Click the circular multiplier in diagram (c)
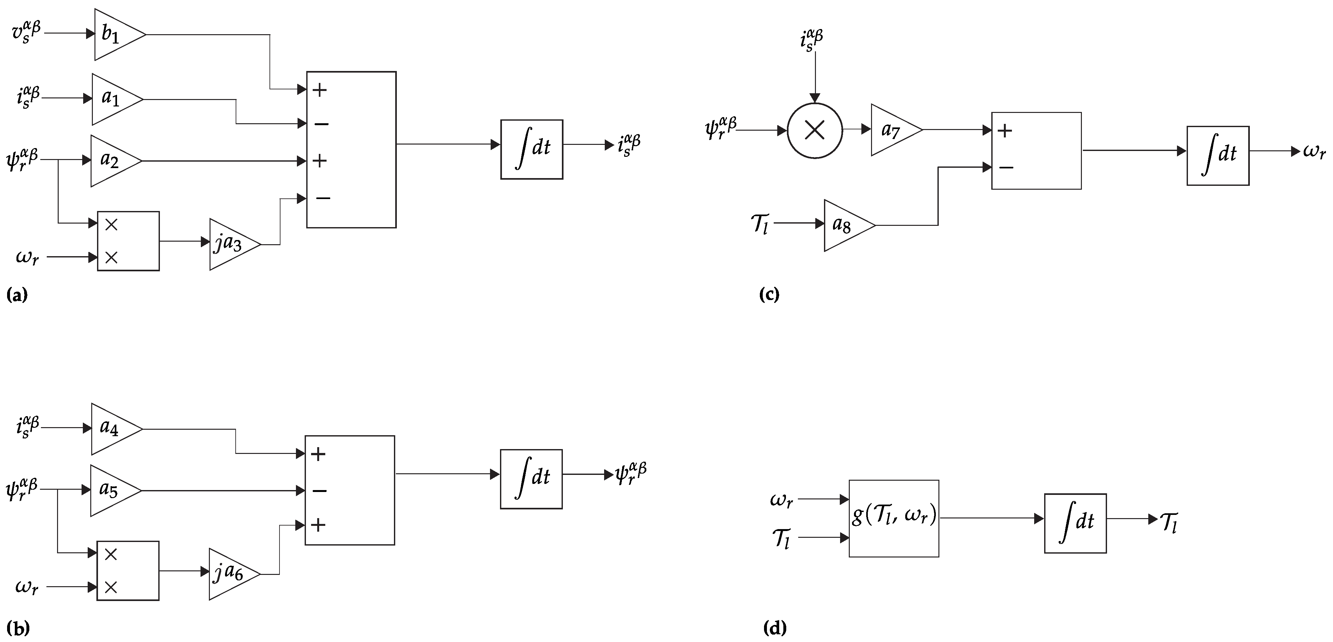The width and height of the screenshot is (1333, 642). coord(815,130)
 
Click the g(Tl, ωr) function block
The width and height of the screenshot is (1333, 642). coord(894,518)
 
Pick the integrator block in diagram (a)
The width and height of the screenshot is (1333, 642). coord(532,150)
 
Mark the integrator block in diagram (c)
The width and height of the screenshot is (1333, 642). coord(1218,155)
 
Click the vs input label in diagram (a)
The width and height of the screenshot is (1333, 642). coord(26,33)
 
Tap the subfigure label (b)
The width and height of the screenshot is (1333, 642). coord(18,628)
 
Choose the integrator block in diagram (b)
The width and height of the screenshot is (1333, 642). coord(531,479)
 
